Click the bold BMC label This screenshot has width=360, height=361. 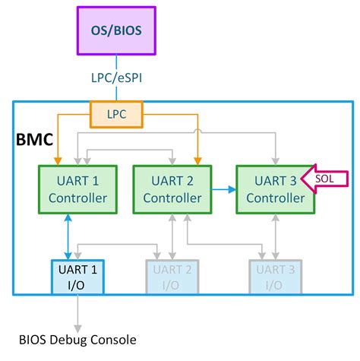pyautogui.click(x=36, y=139)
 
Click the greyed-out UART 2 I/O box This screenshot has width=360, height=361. pyautogui.click(x=172, y=277)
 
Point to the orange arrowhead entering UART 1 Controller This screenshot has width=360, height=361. pyautogui.click(x=57, y=160)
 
